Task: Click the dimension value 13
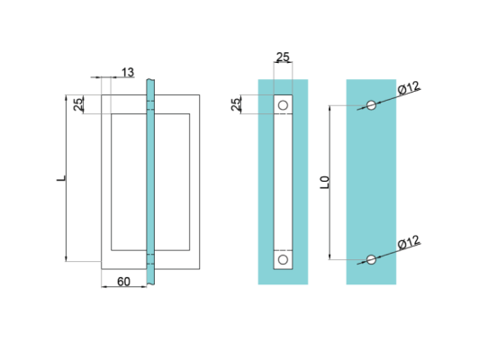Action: pos(128,73)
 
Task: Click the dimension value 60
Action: pos(123,282)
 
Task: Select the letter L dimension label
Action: pos(61,178)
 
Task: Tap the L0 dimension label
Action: pos(325,183)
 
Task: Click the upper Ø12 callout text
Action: pos(409,88)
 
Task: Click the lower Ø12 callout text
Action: pos(409,243)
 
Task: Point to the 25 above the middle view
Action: pos(283,57)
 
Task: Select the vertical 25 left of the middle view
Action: pos(236,104)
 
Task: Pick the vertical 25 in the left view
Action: pos(78,104)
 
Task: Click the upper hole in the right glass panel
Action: pos(371,105)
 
